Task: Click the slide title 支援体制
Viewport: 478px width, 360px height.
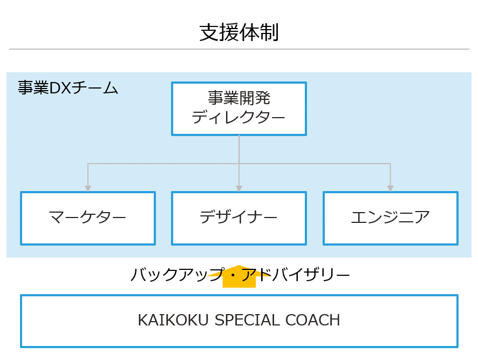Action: [239, 33]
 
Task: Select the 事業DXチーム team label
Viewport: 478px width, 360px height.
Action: [68, 88]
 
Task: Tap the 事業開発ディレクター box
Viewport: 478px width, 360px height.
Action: [239, 108]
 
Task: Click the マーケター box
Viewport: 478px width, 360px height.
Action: [88, 218]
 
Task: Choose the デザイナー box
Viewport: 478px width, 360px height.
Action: [239, 218]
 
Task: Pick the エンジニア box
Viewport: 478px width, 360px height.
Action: [390, 218]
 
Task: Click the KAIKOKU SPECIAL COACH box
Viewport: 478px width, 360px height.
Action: [239, 321]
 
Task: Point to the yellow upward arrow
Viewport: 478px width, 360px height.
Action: [239, 277]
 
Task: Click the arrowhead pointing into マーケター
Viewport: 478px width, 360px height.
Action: [88, 188]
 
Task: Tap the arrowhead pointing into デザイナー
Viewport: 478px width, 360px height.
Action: [239, 188]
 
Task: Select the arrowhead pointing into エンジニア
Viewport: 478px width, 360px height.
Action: [390, 188]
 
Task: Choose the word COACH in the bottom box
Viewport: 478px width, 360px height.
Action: [313, 321]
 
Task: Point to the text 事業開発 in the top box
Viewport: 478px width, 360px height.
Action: [239, 98]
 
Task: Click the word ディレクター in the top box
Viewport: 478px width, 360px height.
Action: [239, 117]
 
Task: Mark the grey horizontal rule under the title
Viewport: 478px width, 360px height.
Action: [239, 49]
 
